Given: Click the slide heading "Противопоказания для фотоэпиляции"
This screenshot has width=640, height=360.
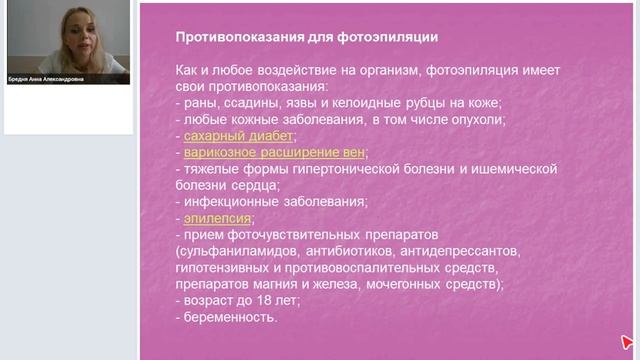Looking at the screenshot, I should (x=306, y=38).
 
